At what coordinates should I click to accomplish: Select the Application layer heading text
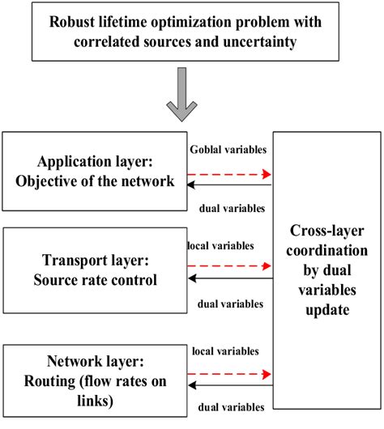tap(95, 162)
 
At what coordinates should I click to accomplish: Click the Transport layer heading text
tap(95, 261)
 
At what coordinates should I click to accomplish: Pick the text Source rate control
tap(95, 280)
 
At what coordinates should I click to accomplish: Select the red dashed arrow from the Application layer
tap(229, 173)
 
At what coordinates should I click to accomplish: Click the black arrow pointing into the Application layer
tap(229, 186)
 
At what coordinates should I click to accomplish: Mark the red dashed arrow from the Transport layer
tap(229, 265)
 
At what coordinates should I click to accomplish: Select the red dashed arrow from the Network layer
tap(229, 374)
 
